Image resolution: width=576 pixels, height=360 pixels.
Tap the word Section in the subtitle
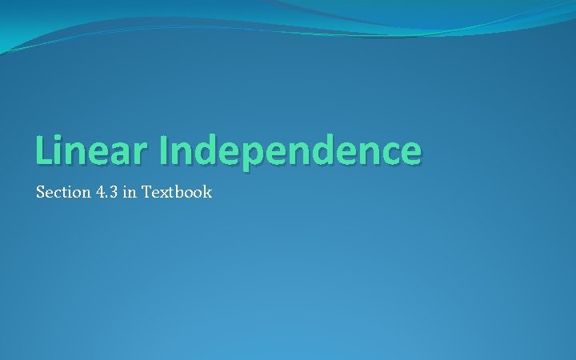pos(61,193)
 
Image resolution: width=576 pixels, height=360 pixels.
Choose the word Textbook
pos(177,193)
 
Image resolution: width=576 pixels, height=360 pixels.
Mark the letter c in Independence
pos(383,154)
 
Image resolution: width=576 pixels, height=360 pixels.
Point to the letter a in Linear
pos(116,154)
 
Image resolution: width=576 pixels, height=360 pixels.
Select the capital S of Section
pos(41,193)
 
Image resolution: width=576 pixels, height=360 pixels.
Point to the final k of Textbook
pos(206,193)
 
